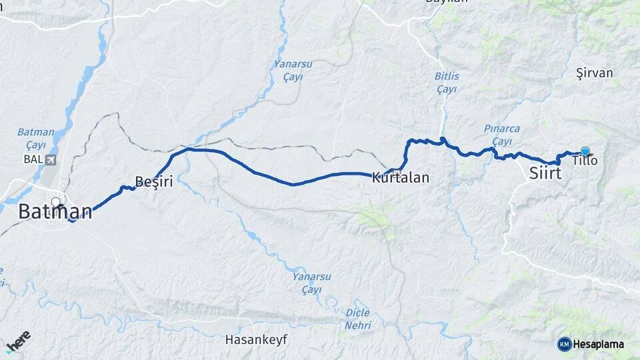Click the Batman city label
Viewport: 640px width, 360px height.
point(55,213)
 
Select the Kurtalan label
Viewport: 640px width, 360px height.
point(400,178)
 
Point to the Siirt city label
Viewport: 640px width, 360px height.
point(545,173)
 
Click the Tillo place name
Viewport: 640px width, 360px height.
point(585,161)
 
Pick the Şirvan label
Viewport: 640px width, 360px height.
point(594,73)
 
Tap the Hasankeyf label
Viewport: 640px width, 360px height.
point(256,339)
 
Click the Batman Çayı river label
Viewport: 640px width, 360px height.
point(31,139)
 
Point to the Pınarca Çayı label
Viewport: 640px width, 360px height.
point(502,135)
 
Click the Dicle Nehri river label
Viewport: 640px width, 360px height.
point(358,319)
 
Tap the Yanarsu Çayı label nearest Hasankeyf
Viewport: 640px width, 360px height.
point(307,283)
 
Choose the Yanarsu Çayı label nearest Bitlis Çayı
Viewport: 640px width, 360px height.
point(288,71)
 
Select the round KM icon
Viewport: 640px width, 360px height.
point(564,344)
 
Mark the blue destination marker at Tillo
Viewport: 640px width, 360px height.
point(585,152)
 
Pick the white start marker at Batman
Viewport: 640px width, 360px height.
point(55,201)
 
